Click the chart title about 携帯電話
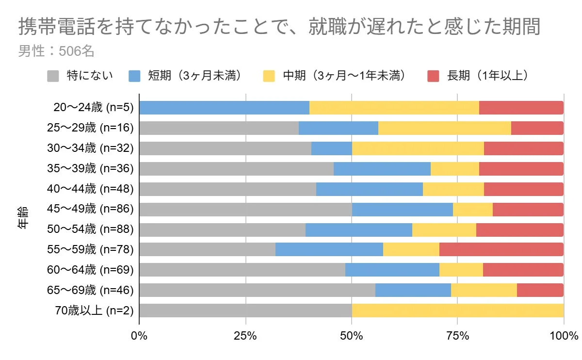279,28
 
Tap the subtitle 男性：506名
56,51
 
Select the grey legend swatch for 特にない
53,76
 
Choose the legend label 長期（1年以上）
487,76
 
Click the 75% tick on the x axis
457,335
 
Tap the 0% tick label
139,335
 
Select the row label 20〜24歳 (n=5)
94,107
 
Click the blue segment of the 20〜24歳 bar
224,108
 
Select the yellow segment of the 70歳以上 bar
457,311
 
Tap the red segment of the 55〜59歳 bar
501,249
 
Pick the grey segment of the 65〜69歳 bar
257,290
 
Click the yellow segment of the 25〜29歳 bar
444,128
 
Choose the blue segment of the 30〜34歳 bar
331,148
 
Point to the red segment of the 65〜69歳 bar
540,290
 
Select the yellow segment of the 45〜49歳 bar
472,209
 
